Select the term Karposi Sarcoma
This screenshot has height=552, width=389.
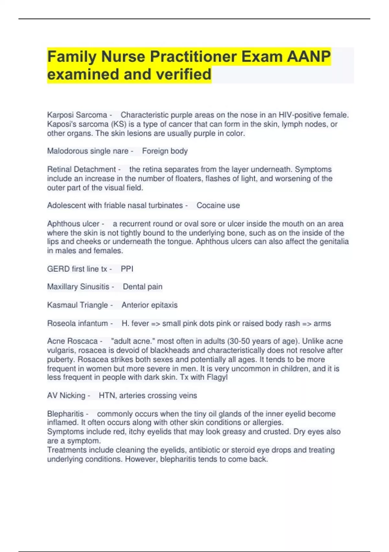(x=77, y=115)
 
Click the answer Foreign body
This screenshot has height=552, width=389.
(x=165, y=151)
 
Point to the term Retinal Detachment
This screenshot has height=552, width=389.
(x=81, y=169)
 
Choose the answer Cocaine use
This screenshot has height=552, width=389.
(x=218, y=206)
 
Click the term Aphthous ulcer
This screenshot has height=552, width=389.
(x=73, y=224)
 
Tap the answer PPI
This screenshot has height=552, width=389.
(x=127, y=269)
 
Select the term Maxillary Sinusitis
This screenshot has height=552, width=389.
(x=78, y=287)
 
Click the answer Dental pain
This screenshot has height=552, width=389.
(x=143, y=287)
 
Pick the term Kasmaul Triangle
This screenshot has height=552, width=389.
(x=77, y=305)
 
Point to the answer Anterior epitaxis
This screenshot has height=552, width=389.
(x=149, y=305)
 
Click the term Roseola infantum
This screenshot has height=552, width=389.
(x=77, y=323)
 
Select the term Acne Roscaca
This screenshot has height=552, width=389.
(x=72, y=341)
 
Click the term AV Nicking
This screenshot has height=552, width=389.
(x=66, y=395)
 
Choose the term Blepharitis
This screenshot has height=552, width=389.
(x=65, y=414)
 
